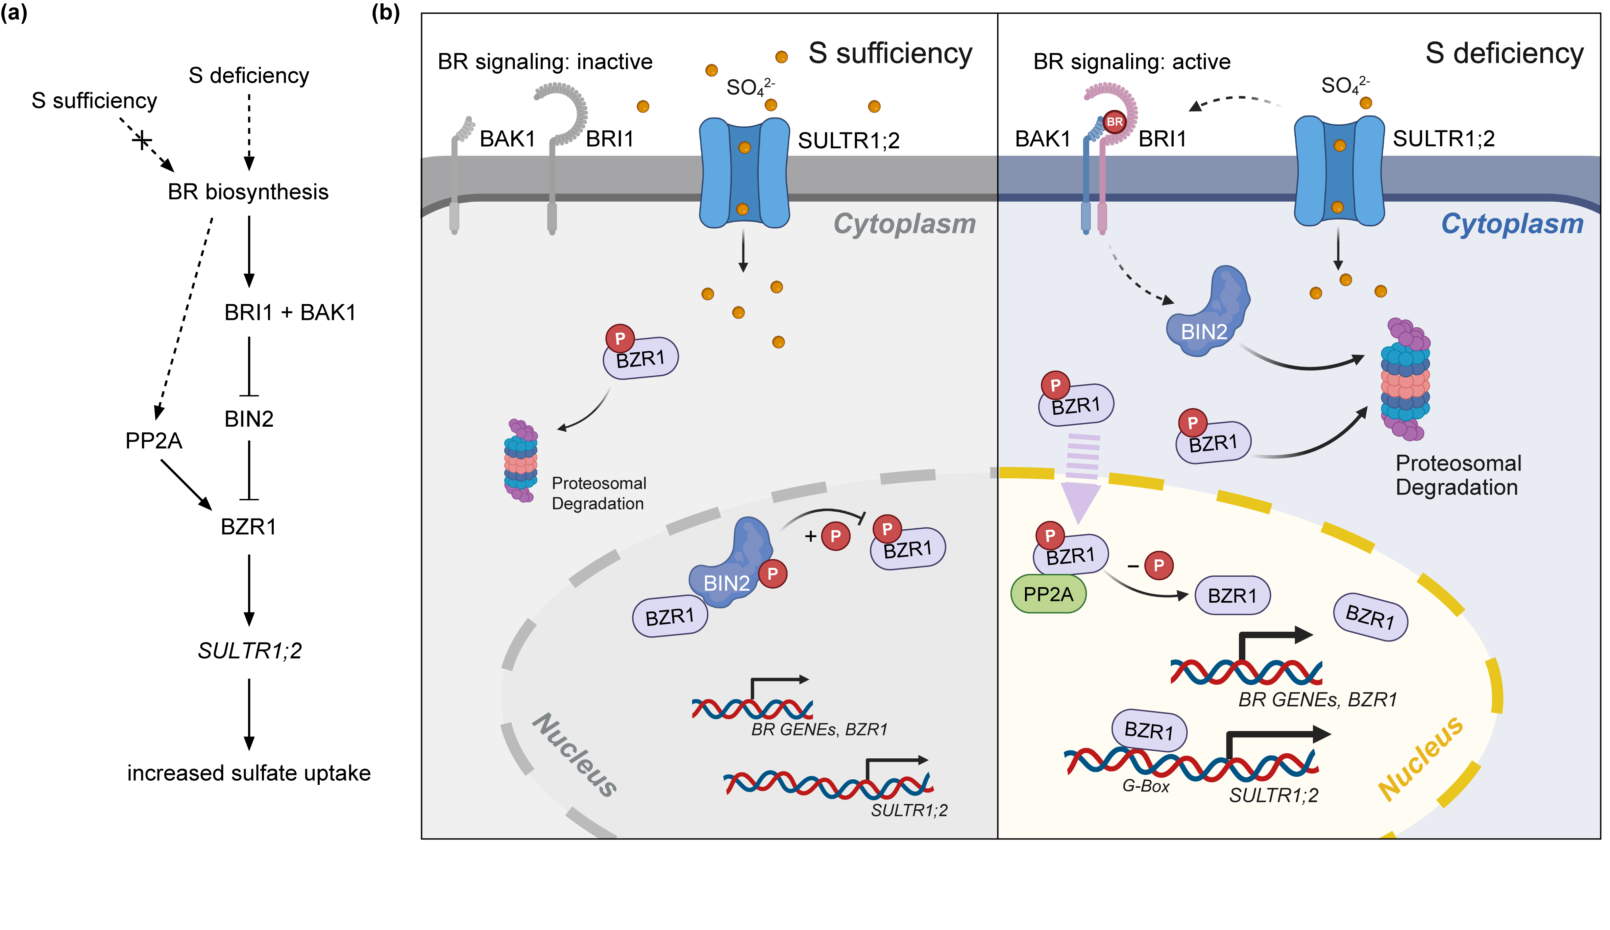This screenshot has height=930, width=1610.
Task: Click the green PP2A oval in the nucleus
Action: point(1048,594)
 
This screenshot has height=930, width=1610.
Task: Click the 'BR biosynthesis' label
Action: point(248,192)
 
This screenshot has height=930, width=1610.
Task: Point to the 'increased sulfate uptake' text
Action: point(248,773)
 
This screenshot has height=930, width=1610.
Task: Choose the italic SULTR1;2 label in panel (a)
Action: point(249,650)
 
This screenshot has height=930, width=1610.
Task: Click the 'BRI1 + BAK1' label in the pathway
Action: point(289,312)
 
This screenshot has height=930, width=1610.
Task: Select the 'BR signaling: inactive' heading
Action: point(545,61)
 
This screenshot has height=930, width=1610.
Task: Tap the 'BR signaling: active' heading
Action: point(1131,61)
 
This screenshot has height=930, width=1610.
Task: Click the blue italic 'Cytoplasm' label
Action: point(1512,224)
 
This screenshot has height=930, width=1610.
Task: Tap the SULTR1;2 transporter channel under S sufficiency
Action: point(744,173)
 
